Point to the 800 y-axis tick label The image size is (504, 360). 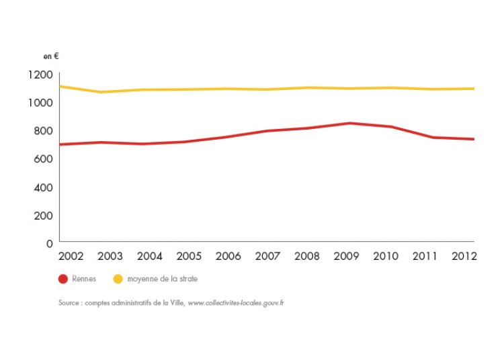(x=43, y=130)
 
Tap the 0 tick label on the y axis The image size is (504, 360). (x=50, y=243)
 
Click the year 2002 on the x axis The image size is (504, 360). (x=71, y=257)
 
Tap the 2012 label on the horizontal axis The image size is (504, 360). (x=464, y=257)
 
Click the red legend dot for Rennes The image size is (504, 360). (x=64, y=278)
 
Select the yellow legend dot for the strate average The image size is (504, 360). (x=118, y=278)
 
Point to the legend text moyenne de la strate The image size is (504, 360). (x=162, y=278)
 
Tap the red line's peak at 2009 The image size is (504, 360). (x=349, y=123)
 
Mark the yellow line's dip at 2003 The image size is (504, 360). (x=100, y=92)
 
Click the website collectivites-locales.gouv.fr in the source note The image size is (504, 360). (x=236, y=304)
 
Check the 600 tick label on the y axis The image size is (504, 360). (x=43, y=159)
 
